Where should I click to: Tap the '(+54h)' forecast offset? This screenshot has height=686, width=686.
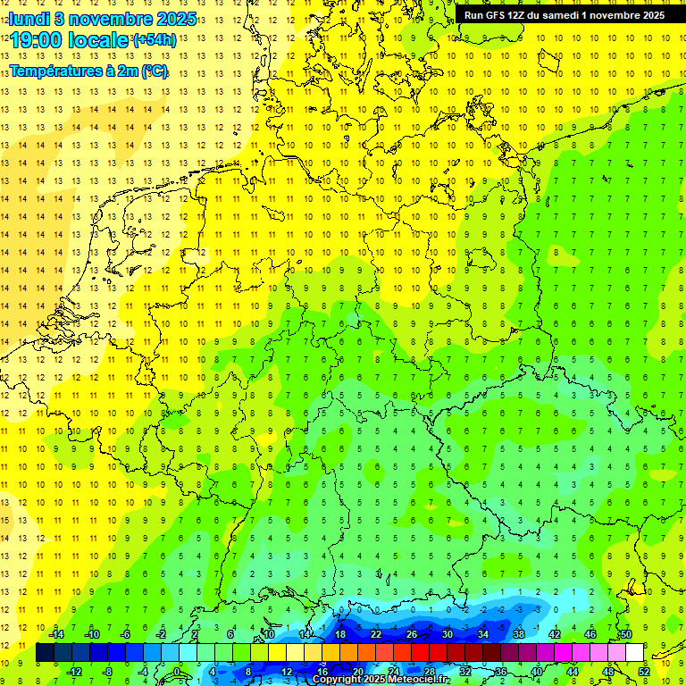(155, 40)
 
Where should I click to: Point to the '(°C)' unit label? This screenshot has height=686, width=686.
(154, 71)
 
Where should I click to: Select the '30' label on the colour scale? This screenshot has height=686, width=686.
(448, 634)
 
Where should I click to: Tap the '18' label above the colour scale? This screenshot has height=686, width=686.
(340, 634)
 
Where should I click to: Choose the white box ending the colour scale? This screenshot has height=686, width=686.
(635, 653)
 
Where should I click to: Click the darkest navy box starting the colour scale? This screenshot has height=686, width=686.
(46, 653)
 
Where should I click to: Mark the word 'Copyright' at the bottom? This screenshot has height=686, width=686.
(337, 680)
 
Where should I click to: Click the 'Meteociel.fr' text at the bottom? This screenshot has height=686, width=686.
(419, 680)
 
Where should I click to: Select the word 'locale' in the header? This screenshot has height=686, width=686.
(98, 40)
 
